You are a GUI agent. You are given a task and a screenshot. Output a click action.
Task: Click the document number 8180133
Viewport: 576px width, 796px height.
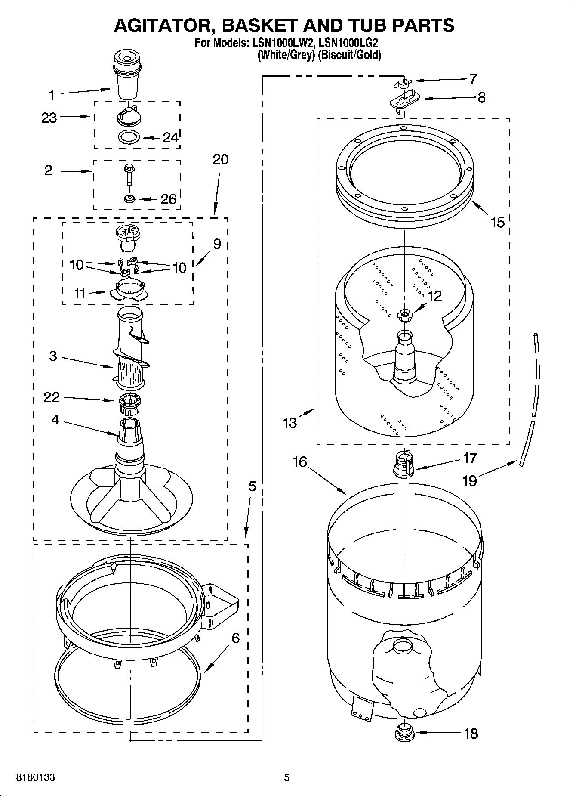pyautogui.click(x=35, y=777)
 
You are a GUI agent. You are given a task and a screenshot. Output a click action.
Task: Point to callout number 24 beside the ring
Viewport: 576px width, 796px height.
pyautogui.click(x=170, y=138)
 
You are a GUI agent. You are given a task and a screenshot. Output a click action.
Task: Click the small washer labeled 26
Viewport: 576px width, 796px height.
pyautogui.click(x=129, y=199)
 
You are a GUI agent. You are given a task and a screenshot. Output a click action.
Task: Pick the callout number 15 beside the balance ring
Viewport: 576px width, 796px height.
pyautogui.click(x=497, y=222)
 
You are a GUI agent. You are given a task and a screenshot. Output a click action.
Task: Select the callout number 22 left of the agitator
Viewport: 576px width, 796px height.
pyautogui.click(x=52, y=396)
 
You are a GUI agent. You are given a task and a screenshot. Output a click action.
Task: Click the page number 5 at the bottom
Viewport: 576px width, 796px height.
pyautogui.click(x=286, y=777)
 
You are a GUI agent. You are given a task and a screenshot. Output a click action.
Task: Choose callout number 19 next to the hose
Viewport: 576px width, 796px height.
pyautogui.click(x=470, y=480)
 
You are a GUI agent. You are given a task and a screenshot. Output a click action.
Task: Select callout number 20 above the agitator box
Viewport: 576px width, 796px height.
pyautogui.click(x=220, y=160)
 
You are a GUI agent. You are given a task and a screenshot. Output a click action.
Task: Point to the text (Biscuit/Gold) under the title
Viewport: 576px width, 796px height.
pyautogui.click(x=349, y=55)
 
